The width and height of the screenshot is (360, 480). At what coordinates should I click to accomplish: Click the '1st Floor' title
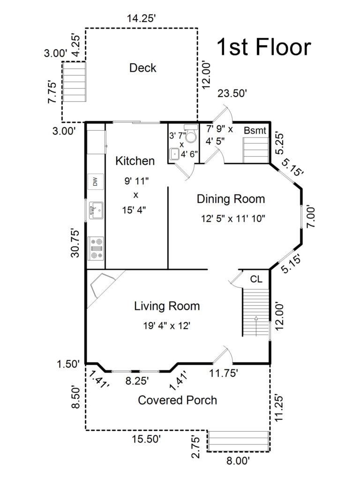[263, 47]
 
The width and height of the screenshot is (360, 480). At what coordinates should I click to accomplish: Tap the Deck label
[142, 68]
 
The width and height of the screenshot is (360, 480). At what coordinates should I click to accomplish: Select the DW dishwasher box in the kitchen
[95, 181]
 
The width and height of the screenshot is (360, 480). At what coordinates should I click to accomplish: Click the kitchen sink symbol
[96, 210]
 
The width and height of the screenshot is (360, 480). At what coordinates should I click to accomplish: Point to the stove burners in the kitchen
[97, 248]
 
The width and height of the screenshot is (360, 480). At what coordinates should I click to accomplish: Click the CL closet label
[256, 279]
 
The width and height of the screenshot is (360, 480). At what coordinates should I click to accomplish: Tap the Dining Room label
[231, 199]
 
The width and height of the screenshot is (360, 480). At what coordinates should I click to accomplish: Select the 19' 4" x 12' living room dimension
[167, 325]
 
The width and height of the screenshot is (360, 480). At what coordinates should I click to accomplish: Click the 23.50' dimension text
[232, 93]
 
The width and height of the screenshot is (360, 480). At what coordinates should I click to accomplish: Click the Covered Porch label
[177, 400]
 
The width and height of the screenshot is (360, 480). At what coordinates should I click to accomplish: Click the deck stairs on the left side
[74, 83]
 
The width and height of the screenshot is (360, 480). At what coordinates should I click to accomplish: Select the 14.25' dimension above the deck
[141, 19]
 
